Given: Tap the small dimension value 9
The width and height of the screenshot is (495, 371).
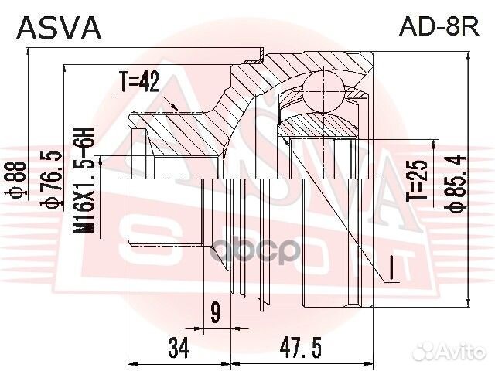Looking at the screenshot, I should [x=216, y=312].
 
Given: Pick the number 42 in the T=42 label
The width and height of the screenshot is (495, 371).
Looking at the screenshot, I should [x=153, y=83].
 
